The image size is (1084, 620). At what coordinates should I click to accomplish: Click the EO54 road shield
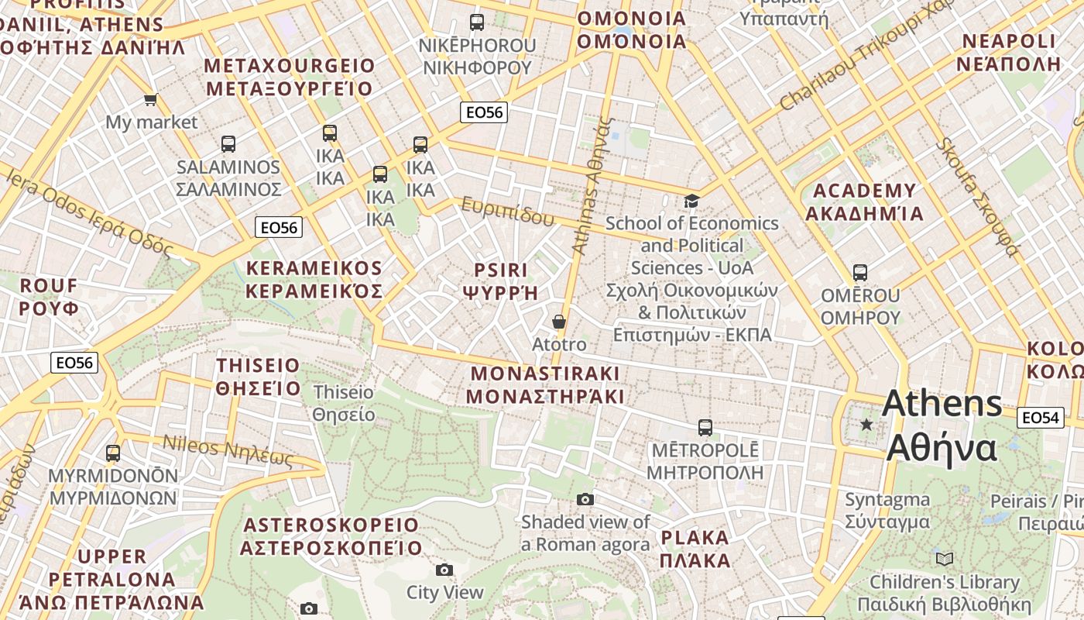click(x=1040, y=418)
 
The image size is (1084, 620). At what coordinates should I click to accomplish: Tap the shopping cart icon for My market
click(x=150, y=99)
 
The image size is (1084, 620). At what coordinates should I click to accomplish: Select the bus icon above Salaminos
click(x=228, y=143)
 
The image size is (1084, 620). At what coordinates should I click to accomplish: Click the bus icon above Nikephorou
click(x=477, y=22)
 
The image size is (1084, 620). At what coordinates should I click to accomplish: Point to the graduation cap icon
click(x=691, y=201)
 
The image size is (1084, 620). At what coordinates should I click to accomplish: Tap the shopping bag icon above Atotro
click(x=559, y=322)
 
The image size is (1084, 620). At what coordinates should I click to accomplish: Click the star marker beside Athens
click(x=866, y=425)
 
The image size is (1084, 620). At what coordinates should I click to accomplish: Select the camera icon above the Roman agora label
click(x=585, y=499)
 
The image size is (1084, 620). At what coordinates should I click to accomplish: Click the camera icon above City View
click(x=444, y=570)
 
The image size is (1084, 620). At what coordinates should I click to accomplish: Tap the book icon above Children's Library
click(x=944, y=559)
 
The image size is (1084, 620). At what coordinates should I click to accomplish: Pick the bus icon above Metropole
click(x=705, y=427)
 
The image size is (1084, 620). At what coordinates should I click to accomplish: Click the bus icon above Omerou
click(x=859, y=273)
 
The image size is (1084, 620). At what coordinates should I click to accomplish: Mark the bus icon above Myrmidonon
click(x=113, y=453)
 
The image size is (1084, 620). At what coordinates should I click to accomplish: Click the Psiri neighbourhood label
click(x=500, y=281)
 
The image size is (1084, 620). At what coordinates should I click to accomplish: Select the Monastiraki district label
click(x=545, y=385)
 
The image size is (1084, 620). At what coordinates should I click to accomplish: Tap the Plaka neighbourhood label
click(x=695, y=549)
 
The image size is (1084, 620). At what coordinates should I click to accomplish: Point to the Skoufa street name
click(x=978, y=197)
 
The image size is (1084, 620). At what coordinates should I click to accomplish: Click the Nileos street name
click(x=228, y=450)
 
